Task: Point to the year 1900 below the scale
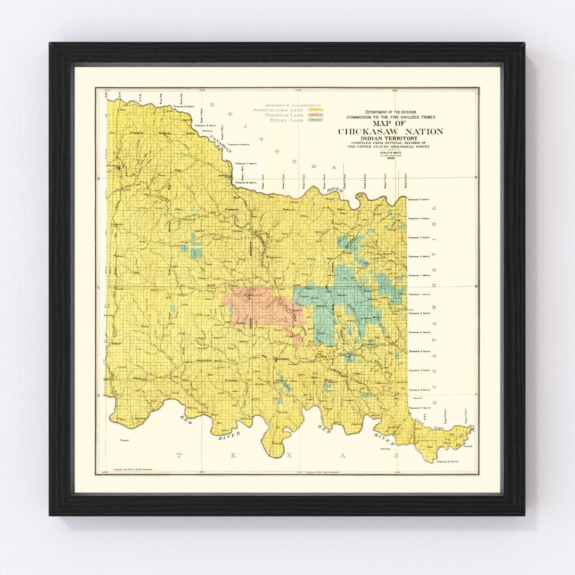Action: (391, 158)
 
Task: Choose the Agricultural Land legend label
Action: (278, 110)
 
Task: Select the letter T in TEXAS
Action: (179, 455)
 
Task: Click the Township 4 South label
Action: (418, 351)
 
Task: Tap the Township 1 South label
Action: (418, 294)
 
